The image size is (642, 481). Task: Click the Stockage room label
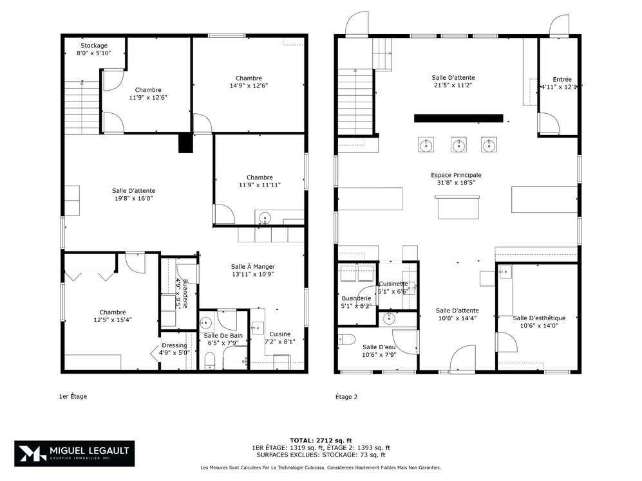[x=93, y=46]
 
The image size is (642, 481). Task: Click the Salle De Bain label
[x=223, y=336]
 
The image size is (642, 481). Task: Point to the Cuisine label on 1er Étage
[x=280, y=334]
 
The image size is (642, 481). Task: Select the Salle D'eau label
[x=378, y=347]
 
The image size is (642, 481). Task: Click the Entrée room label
[x=558, y=78]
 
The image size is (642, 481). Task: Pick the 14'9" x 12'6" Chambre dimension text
[x=248, y=86]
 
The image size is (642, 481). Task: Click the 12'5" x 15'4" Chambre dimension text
[x=113, y=320]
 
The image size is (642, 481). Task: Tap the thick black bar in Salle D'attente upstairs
[x=458, y=118]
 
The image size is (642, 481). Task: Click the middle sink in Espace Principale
[x=458, y=145]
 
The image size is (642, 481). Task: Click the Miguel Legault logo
[x=75, y=454]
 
